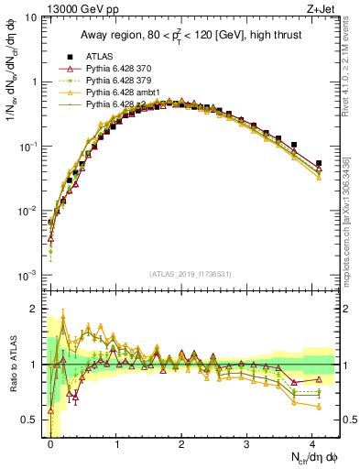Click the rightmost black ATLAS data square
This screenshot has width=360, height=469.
tap(319, 163)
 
